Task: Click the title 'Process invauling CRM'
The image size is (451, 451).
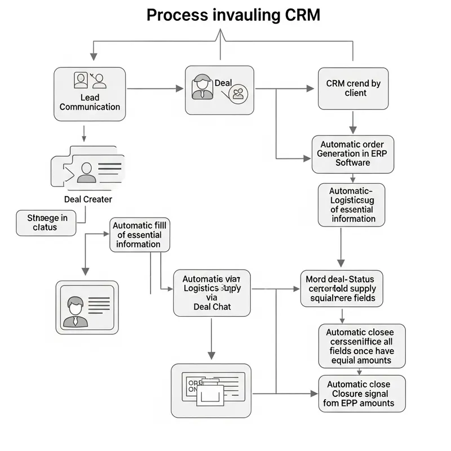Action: click(233, 15)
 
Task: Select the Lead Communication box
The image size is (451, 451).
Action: click(90, 94)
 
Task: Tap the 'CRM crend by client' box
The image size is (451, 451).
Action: click(353, 88)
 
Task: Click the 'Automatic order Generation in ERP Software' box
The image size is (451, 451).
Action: click(352, 153)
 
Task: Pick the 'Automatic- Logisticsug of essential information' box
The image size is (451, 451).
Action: click(352, 205)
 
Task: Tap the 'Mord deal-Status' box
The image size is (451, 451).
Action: click(343, 288)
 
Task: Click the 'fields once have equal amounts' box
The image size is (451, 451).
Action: click(361, 344)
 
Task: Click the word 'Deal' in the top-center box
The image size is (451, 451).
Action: click(223, 83)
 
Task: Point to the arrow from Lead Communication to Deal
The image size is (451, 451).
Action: click(152, 89)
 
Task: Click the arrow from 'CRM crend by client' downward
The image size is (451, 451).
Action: click(353, 122)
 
